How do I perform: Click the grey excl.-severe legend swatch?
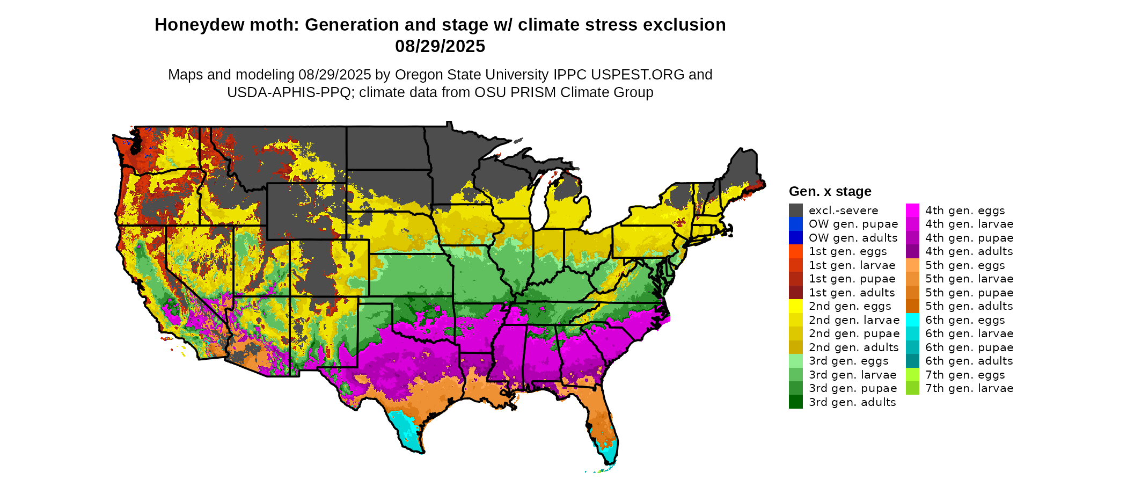coord(796,211)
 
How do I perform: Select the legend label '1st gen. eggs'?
coord(848,251)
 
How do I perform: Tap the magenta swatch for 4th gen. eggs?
coord(912,211)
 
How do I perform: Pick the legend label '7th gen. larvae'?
coord(969,388)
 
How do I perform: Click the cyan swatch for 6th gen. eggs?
coord(912,320)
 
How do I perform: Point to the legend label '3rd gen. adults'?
coord(852,402)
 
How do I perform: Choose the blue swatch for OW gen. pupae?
coord(796,224)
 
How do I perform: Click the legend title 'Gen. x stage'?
coord(830,192)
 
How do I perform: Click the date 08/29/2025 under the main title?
coord(440,47)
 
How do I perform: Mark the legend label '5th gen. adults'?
coord(969,306)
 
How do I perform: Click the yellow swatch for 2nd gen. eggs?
coord(796,306)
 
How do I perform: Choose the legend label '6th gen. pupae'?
coord(969,347)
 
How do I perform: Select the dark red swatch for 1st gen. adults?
coord(796,293)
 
